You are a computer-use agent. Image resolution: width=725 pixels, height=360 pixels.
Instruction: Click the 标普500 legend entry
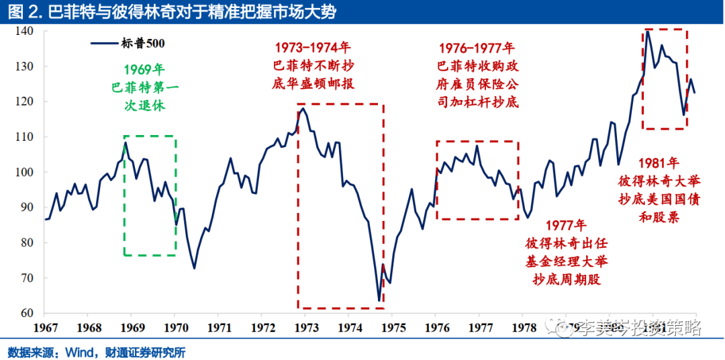point(128,44)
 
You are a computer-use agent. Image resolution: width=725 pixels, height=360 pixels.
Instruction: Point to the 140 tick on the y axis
point(27,31)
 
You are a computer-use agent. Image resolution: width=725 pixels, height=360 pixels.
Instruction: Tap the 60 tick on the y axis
point(30,313)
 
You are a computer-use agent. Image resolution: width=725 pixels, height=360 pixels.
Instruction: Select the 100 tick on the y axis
point(27,172)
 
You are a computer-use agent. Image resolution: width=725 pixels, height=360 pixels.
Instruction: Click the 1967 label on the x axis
point(45,328)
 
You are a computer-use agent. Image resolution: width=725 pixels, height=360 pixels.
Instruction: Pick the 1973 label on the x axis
point(305,328)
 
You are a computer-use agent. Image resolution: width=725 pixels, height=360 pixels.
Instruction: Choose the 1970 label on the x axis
point(175,328)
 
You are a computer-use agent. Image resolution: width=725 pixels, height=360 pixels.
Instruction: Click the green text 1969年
point(144,69)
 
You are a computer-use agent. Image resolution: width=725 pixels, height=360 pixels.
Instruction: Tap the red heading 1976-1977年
point(477,48)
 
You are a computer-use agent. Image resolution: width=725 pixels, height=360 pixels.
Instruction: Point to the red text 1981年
point(659,163)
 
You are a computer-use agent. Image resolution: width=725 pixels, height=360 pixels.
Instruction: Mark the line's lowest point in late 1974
point(379,300)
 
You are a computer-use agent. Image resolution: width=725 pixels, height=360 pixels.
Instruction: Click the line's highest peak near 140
point(647,32)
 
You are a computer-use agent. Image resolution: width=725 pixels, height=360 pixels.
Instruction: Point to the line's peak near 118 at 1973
point(303,108)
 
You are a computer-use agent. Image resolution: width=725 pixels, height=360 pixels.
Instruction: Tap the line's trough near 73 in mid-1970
point(194,268)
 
